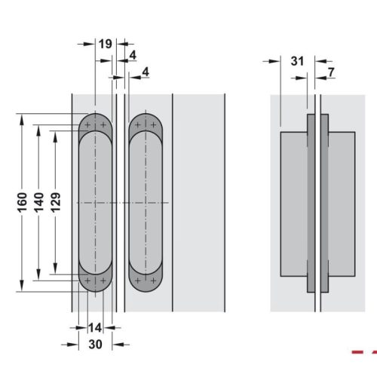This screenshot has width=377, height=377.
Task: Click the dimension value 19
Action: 106,44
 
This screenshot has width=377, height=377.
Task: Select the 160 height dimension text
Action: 23,204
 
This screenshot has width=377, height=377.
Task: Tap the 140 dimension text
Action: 39,204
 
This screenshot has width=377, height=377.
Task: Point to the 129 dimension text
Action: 57,204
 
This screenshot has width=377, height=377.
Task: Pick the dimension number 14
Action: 94,327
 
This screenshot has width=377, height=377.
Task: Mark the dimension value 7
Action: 331,72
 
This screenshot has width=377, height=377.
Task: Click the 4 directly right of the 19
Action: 132,55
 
